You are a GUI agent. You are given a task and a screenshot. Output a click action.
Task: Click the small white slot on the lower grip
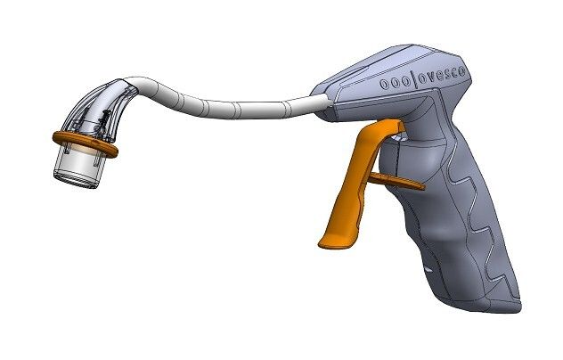click(x=430, y=267)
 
